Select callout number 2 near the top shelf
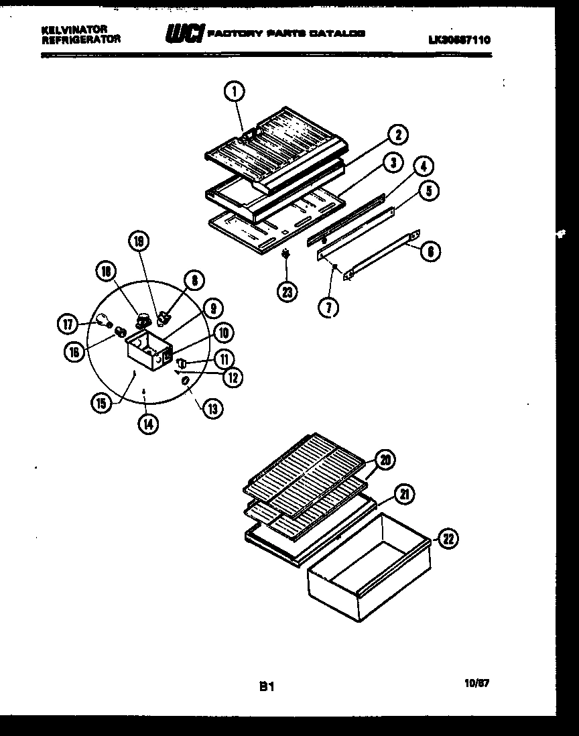[x=397, y=135]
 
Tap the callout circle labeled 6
[x=431, y=251]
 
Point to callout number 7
[x=329, y=308]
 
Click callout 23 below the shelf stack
[x=287, y=292]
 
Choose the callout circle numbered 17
[x=68, y=323]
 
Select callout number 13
[x=212, y=408]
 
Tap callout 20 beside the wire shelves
[x=385, y=460]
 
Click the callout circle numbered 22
[x=448, y=538]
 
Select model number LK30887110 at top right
[x=459, y=40]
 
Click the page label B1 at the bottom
[x=267, y=686]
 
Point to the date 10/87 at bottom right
[x=476, y=684]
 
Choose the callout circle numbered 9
[x=212, y=308]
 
